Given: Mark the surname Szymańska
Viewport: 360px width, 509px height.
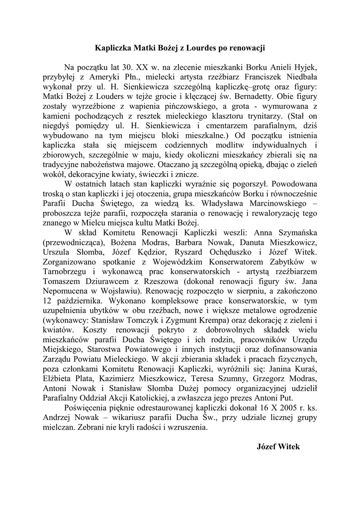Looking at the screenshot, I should click(x=283, y=231).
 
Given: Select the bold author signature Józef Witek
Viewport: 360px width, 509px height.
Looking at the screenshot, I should click(x=278, y=447).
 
